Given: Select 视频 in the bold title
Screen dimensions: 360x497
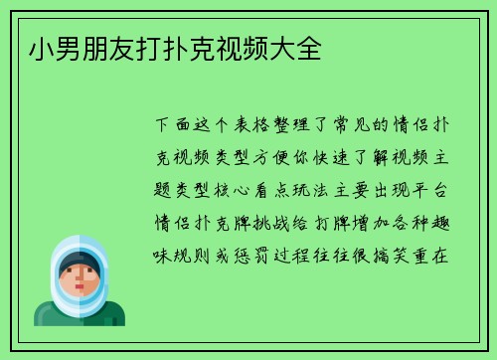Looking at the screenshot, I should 247,50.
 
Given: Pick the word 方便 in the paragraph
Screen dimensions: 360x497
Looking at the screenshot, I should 283,157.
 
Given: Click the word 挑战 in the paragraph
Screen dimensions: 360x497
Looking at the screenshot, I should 283,221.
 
